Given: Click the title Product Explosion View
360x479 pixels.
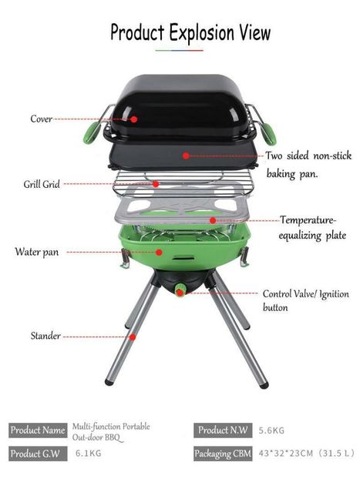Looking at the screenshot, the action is pyautogui.click(x=190, y=32).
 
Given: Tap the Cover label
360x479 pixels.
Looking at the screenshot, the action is pyautogui.click(x=42, y=119).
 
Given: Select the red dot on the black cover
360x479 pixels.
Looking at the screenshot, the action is pyautogui.click(x=134, y=119).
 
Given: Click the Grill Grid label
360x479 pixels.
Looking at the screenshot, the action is pyautogui.click(x=42, y=184).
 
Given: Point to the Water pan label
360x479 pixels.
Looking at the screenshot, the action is pyautogui.click(x=37, y=252).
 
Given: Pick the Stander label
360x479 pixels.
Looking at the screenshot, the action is pyautogui.click(x=45, y=336).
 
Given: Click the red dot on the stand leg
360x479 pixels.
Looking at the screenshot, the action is pyautogui.click(x=133, y=337).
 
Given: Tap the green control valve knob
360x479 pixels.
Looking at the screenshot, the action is pyautogui.click(x=180, y=290).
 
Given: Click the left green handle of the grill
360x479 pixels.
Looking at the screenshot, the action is pyautogui.click(x=92, y=132).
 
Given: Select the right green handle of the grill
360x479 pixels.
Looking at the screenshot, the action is pyautogui.click(x=268, y=134).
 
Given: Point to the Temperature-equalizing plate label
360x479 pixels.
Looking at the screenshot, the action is pyautogui.click(x=312, y=228).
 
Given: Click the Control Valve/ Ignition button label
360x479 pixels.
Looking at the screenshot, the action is pyautogui.click(x=305, y=300).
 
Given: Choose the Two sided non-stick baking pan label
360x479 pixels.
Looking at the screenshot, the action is pyautogui.click(x=308, y=164).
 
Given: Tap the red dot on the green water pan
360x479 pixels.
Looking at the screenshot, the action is pyautogui.click(x=159, y=252).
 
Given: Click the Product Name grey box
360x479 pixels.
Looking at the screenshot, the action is pyautogui.click(x=38, y=430).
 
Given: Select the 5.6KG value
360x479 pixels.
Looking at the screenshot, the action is pyautogui.click(x=271, y=430).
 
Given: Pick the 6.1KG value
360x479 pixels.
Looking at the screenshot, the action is pyautogui.click(x=89, y=453).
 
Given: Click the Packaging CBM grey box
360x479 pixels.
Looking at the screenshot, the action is pyautogui.click(x=223, y=454).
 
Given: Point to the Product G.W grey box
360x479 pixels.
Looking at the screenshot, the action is pyautogui.click(x=38, y=454).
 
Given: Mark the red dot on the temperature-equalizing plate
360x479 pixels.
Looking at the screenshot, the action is pyautogui.click(x=213, y=220).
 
